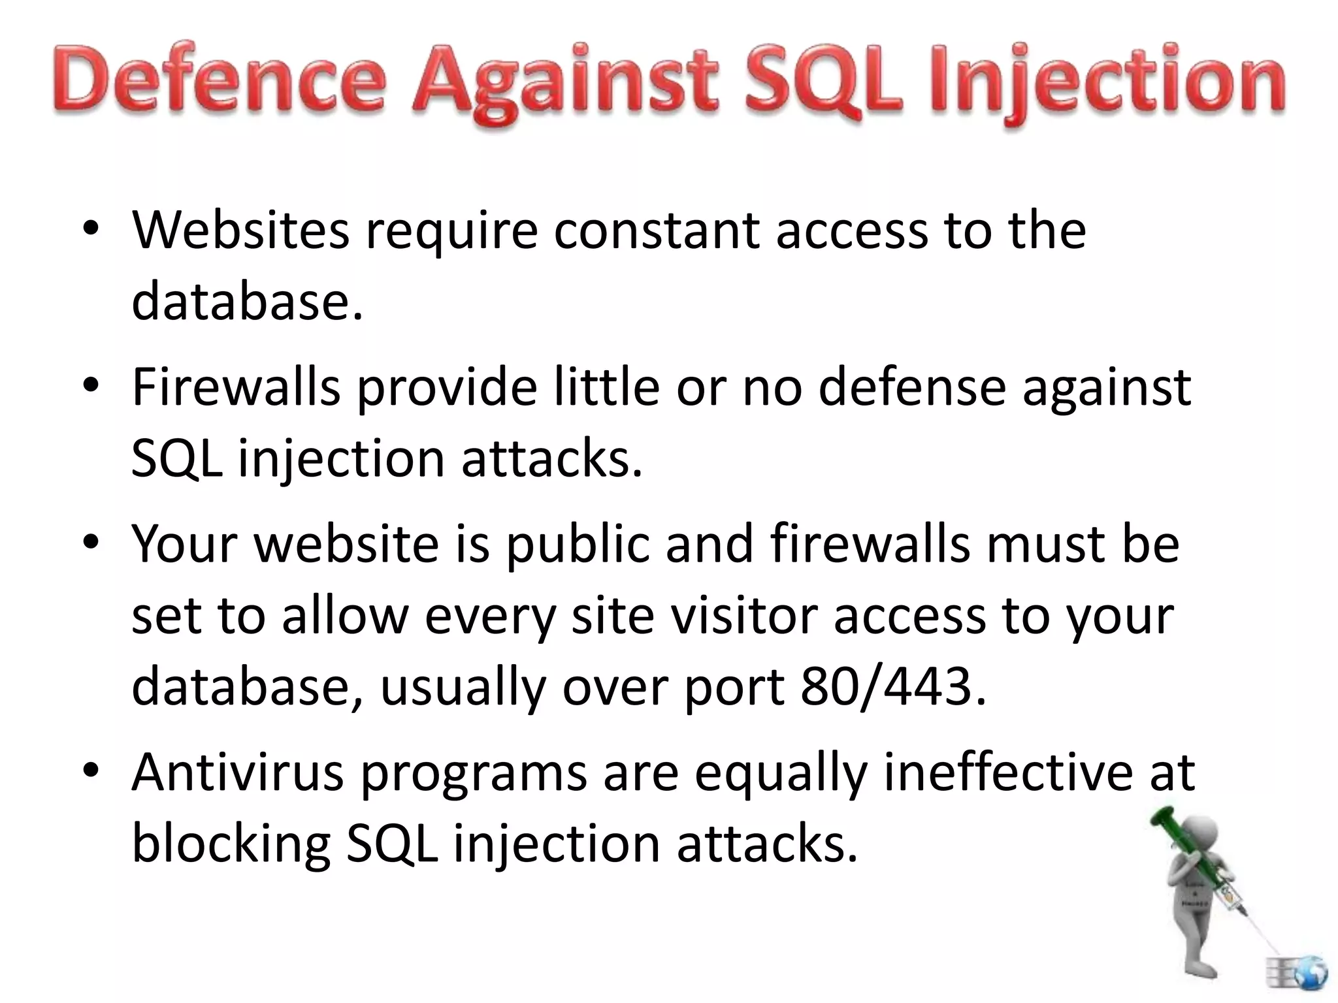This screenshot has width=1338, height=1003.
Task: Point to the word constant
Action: click(657, 231)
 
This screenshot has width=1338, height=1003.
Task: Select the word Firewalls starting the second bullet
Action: click(237, 387)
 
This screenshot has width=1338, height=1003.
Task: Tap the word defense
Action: click(911, 387)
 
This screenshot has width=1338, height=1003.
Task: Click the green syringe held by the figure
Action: click(1196, 862)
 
